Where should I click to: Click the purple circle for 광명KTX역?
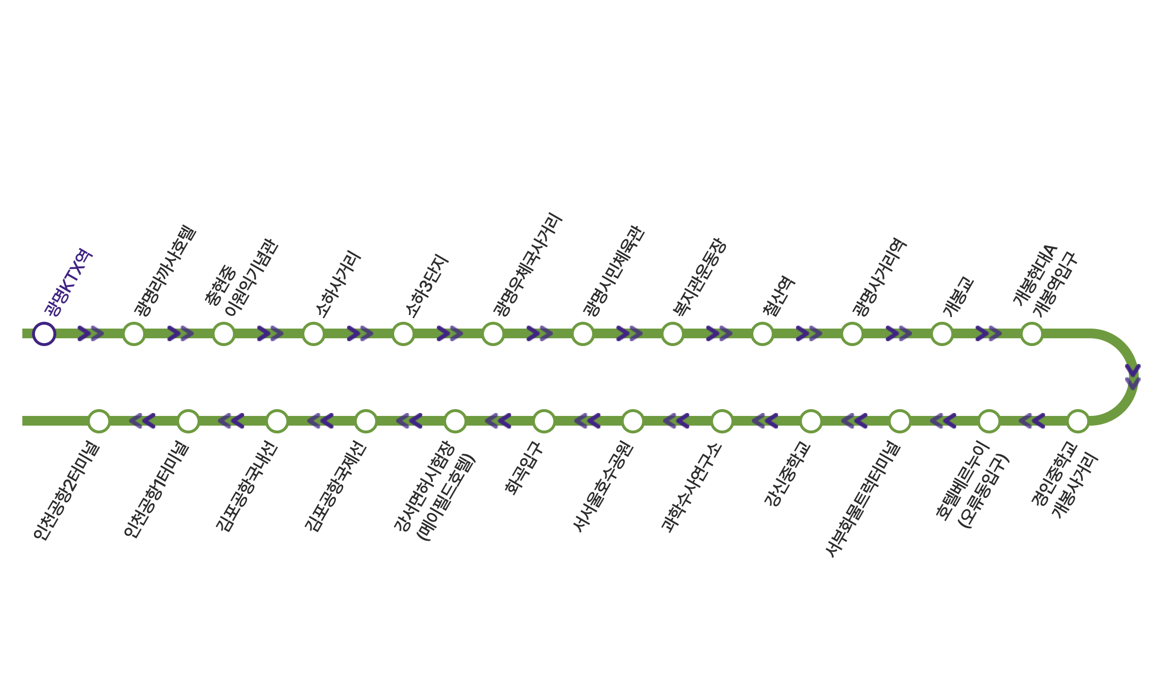coord(44,334)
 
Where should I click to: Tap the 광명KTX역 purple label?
coord(68,282)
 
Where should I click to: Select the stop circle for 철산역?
coord(762,334)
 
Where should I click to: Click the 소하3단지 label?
coord(427,286)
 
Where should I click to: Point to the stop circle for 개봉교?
coord(942,334)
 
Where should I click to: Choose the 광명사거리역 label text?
coord(880,277)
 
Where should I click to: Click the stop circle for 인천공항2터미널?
coord(99,421)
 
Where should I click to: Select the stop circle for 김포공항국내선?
coord(277,421)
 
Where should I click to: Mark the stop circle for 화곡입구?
coord(544,421)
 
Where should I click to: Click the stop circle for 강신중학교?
coord(811,421)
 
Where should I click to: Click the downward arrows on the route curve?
coord(1132,377)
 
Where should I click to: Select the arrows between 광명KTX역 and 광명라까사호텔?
coord(91,334)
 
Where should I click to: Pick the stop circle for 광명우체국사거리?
coord(493,334)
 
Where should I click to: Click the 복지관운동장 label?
coord(699,277)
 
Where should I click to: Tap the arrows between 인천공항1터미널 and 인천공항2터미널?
coord(142,421)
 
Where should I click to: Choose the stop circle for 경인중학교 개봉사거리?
coord(1078,421)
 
